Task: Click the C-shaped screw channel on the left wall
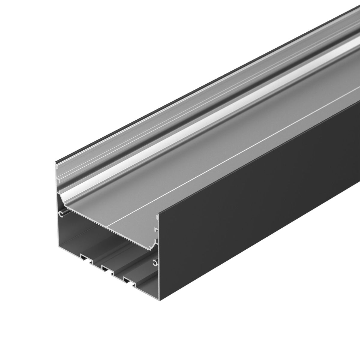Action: click(61, 214)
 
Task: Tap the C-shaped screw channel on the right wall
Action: click(155, 263)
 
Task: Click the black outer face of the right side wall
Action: click(255, 210)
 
